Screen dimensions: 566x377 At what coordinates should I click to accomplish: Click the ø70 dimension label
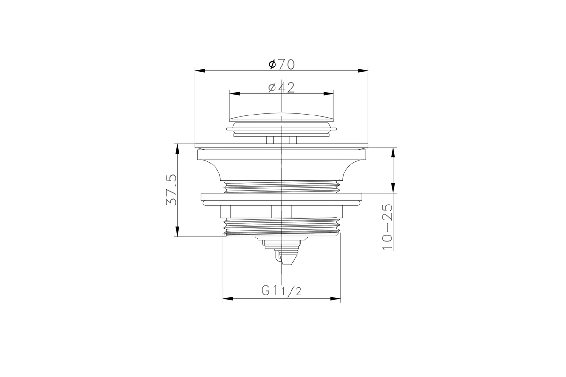[x=282, y=65]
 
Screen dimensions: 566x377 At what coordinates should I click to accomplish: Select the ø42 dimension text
[x=282, y=88]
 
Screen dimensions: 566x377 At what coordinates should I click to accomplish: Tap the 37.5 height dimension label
[x=172, y=189]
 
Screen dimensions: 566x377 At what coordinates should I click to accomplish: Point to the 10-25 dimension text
[x=387, y=227]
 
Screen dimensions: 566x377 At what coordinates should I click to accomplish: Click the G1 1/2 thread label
[x=282, y=290]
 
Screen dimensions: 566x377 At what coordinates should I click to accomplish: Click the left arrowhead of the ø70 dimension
[x=200, y=71]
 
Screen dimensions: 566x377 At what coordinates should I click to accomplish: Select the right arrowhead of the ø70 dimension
[x=363, y=71]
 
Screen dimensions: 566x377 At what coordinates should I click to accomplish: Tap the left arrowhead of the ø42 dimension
[x=234, y=94]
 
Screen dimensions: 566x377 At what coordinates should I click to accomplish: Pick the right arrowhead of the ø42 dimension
[x=329, y=94]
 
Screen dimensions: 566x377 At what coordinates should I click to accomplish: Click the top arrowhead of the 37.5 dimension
[x=177, y=149]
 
